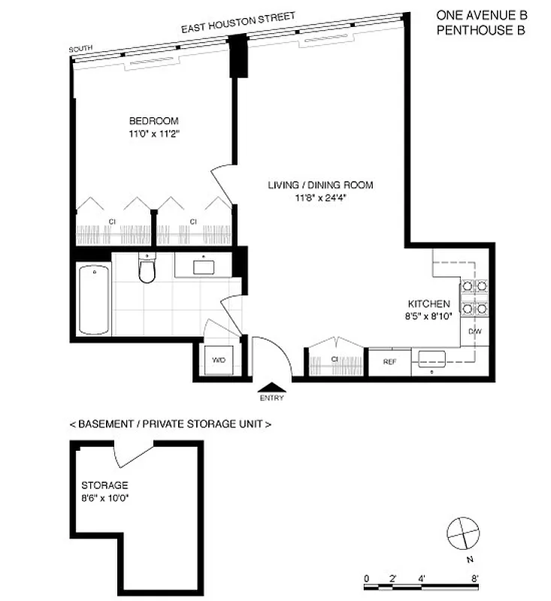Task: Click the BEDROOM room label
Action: point(153,121)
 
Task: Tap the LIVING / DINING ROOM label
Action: point(321,185)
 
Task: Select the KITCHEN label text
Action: point(428,304)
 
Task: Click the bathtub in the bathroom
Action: point(94,298)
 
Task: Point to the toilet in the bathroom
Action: point(147,270)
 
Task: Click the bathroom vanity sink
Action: point(204,266)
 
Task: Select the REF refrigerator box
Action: point(389,361)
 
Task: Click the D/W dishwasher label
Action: point(474,331)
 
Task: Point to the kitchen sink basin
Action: point(432,358)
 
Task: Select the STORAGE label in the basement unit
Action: point(104,485)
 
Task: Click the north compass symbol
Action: point(462,533)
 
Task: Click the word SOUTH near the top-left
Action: point(80,50)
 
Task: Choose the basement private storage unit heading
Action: point(170,424)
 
